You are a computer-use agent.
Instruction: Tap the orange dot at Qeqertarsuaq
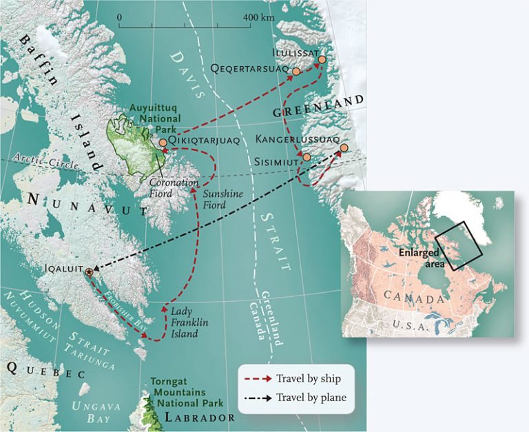tap(296, 71)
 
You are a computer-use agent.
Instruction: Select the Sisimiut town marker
tap(307, 157)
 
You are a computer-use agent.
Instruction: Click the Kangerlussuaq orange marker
tap(344, 147)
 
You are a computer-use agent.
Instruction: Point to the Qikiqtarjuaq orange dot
tap(163, 143)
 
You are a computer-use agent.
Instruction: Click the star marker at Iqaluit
tap(87, 272)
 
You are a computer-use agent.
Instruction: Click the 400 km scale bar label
tap(258, 16)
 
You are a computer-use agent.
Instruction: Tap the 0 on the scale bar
tap(120, 16)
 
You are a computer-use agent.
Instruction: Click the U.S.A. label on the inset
tap(409, 324)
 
